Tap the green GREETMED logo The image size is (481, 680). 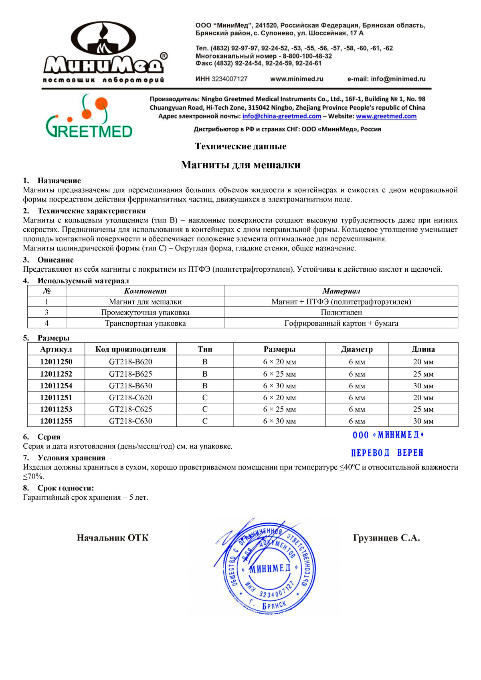click(x=89, y=116)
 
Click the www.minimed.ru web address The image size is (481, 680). click(x=297, y=79)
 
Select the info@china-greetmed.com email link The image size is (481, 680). click(x=281, y=116)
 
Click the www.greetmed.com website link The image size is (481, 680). click(x=386, y=116)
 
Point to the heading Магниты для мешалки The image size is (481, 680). click(x=240, y=165)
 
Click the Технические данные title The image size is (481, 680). click(x=240, y=146)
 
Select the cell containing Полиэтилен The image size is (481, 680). click(x=341, y=312)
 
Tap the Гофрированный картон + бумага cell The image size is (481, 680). click(x=341, y=323)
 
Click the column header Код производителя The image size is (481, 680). click(x=130, y=349)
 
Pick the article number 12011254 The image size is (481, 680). click(x=56, y=385)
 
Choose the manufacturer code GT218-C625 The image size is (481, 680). click(x=130, y=409)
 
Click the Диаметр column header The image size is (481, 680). click(x=356, y=349)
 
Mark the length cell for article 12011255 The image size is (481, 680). click(x=423, y=421)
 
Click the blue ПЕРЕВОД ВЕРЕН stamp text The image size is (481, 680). click(x=387, y=453)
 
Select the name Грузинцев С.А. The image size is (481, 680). click(x=386, y=538)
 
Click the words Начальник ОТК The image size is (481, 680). click(x=113, y=538)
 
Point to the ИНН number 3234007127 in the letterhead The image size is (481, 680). click(x=229, y=79)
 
